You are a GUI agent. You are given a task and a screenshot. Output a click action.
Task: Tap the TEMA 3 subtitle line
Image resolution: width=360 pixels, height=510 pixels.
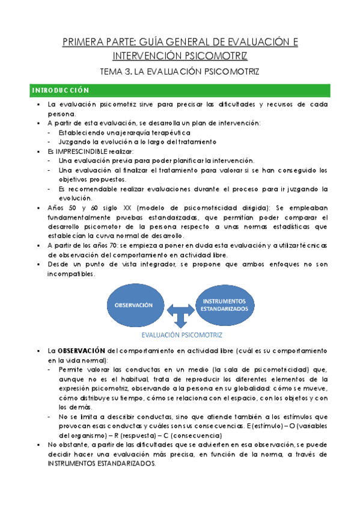click(180, 72)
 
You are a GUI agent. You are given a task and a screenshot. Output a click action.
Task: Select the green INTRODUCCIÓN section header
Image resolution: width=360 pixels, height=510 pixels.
click(60, 91)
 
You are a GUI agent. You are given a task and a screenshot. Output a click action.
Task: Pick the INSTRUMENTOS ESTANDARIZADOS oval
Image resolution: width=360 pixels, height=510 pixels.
click(224, 304)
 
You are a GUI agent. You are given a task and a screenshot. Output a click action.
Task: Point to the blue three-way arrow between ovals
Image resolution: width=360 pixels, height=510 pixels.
click(180, 313)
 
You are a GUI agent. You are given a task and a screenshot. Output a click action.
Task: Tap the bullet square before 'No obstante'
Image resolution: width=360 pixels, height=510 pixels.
click(38, 445)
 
